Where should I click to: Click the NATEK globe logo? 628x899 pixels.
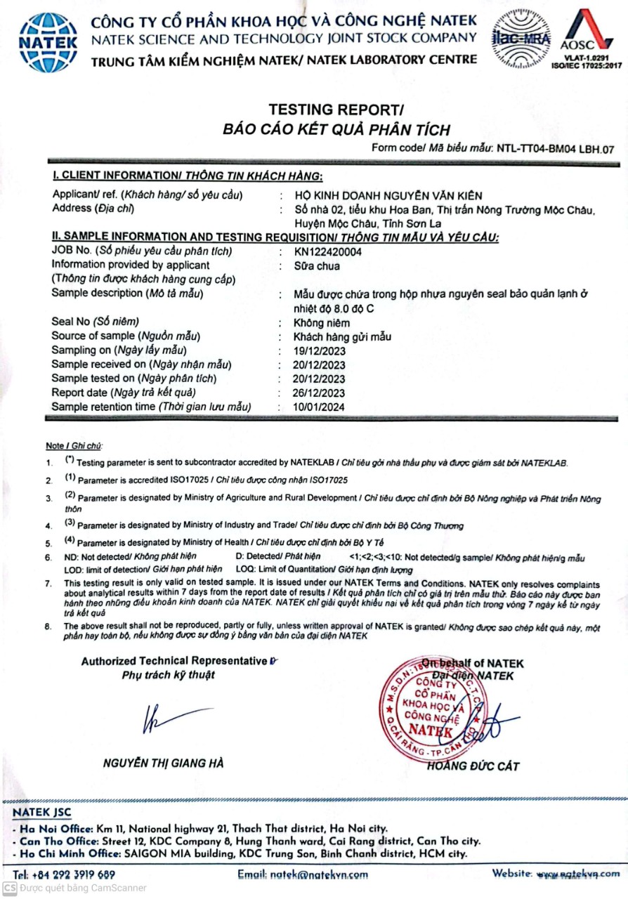coord(48,41)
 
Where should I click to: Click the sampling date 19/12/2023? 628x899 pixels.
coord(320,350)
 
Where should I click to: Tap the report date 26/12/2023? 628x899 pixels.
coord(320,393)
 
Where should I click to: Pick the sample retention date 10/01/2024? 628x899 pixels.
coord(320,407)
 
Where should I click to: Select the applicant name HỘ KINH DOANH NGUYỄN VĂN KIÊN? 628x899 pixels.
coord(389,195)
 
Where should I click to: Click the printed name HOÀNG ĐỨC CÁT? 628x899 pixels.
coord(473,766)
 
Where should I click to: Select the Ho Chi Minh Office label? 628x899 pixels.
coord(63,853)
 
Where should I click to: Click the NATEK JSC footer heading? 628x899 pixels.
coord(42,812)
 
